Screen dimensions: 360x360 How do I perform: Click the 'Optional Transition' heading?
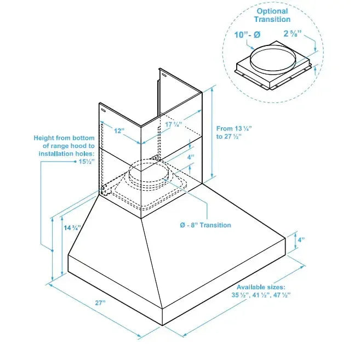pos(272,15)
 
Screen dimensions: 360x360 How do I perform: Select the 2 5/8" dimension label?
pos(294,34)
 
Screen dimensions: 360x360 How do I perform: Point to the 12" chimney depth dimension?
pos(119,131)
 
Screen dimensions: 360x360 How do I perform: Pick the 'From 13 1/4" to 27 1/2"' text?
pos(234,132)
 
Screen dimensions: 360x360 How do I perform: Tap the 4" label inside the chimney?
pos(190,157)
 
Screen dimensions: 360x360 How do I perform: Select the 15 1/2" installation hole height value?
pos(84,162)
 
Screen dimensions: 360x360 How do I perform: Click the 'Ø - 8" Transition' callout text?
pos(205,225)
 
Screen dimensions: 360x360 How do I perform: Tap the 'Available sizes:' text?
pos(261,287)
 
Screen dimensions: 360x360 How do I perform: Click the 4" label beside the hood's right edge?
pos(301,239)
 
